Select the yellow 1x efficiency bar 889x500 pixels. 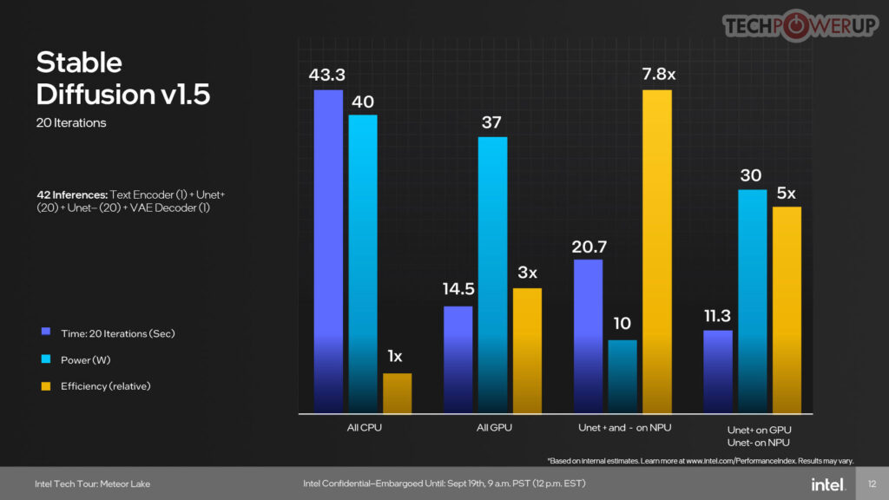[397, 393]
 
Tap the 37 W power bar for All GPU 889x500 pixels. [492, 273]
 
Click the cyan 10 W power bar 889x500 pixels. [622, 376]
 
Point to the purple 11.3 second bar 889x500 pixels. [718, 371]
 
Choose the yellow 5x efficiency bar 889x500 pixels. [787, 309]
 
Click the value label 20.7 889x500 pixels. [588, 247]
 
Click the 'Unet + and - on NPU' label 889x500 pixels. [624, 427]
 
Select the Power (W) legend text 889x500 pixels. [86, 359]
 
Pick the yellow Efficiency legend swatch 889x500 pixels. [44, 385]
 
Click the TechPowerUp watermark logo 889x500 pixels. [800, 25]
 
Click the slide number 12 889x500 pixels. [872, 484]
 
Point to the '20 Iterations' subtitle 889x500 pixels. [71, 122]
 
